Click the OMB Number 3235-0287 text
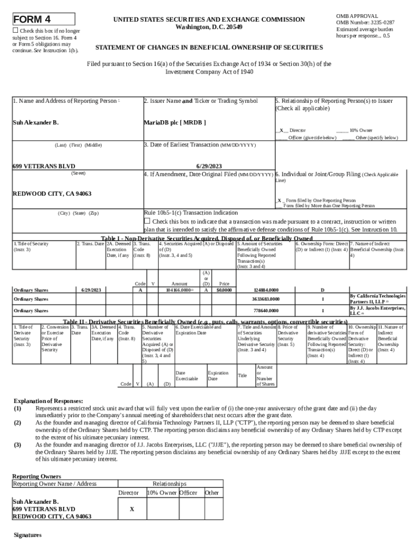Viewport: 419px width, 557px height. (x=365, y=22)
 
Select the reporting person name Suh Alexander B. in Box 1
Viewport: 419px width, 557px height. (x=35, y=122)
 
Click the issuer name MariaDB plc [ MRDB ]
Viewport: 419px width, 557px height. (x=175, y=122)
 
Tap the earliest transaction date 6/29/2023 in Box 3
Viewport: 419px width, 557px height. (x=208, y=166)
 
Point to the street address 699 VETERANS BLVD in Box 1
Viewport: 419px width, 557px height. (x=44, y=166)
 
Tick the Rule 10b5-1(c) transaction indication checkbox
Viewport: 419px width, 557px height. (x=146, y=221)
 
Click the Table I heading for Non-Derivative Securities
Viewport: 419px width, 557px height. (x=207, y=238)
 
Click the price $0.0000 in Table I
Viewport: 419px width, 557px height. (x=224, y=290)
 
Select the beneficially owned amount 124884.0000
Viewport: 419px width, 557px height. (x=266, y=290)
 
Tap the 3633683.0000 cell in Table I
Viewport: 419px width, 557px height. (x=266, y=299)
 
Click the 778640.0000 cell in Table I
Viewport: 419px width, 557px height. (x=266, y=311)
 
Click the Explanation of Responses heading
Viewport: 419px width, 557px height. (x=48, y=400)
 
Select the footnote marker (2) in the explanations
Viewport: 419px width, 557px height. (x=18, y=422)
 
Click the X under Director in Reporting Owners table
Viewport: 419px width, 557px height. (x=132, y=510)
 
